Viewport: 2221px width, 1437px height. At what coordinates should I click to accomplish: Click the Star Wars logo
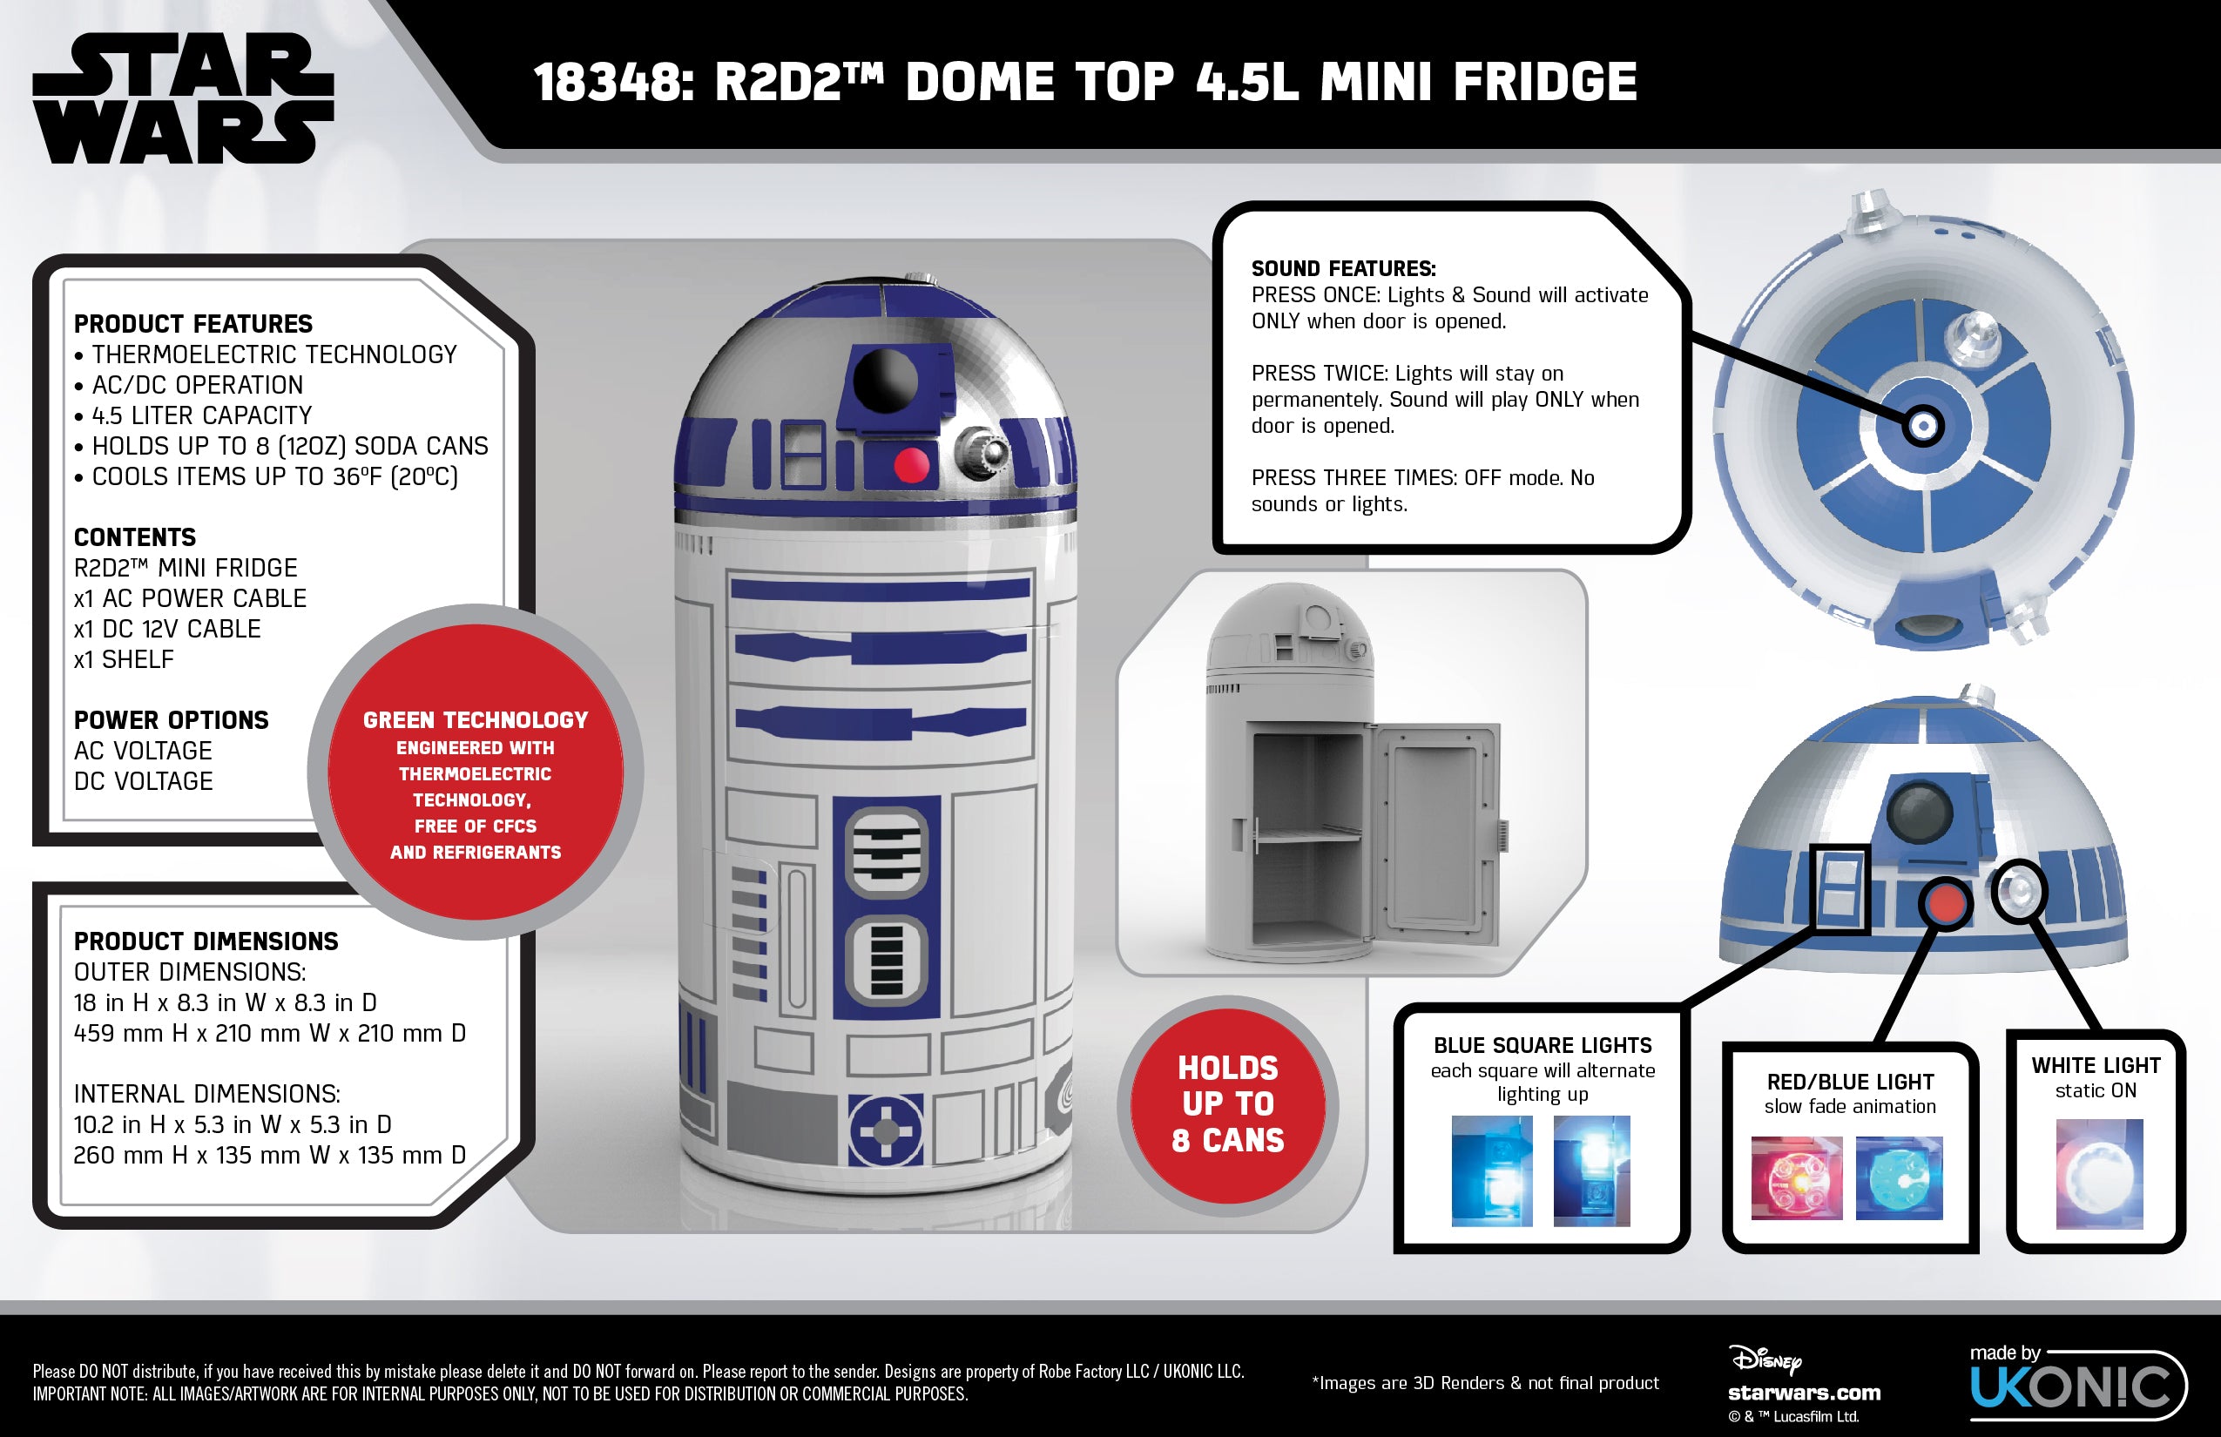point(183,98)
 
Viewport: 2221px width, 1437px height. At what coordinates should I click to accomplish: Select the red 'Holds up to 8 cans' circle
point(1227,1105)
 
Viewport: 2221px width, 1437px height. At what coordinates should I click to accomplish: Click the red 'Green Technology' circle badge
point(475,772)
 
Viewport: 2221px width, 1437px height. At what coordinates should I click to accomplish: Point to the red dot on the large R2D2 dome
point(911,463)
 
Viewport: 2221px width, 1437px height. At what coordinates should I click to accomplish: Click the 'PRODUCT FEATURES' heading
point(193,324)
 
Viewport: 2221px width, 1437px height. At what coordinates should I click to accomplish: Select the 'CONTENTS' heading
point(135,537)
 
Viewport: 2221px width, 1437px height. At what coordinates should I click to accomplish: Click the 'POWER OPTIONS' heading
point(171,720)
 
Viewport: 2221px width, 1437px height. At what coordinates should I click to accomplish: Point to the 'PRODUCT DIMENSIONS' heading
point(206,941)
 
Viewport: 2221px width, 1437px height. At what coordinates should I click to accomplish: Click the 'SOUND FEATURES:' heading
point(1343,269)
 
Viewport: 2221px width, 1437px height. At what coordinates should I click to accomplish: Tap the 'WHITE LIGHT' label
point(2095,1066)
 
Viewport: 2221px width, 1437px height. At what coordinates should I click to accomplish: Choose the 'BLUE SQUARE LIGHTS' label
point(1542,1045)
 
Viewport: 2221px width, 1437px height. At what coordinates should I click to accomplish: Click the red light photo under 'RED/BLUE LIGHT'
point(1796,1177)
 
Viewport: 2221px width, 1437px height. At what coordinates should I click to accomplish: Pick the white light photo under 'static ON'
point(2099,1174)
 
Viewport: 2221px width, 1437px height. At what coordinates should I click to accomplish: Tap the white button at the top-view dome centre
point(1922,427)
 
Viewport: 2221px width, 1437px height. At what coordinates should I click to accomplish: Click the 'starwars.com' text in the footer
point(1804,1393)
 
